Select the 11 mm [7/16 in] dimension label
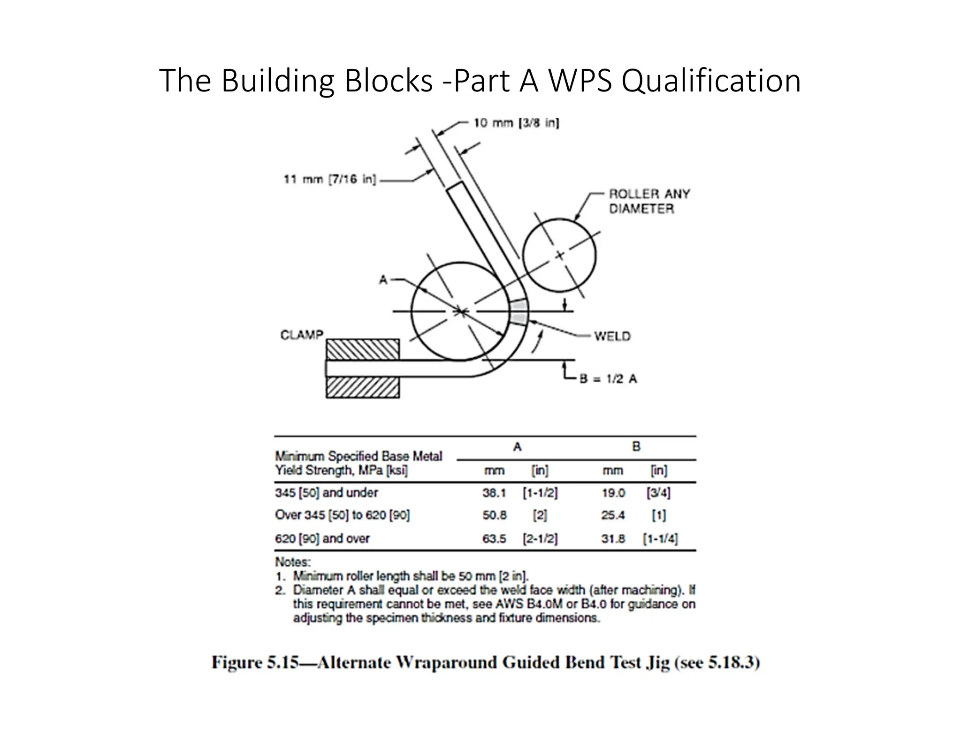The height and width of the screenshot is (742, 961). pos(329,179)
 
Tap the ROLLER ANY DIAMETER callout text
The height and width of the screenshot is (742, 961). pos(649,201)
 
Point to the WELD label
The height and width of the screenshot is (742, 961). pos(612,336)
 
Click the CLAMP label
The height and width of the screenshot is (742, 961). pos(302,335)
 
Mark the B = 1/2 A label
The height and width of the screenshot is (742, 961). pos(608,379)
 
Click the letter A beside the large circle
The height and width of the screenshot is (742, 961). pos(383,280)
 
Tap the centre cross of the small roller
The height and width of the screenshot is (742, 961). pos(559,256)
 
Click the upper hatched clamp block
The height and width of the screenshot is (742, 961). pos(363,349)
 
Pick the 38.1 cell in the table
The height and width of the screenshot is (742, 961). pos(494,493)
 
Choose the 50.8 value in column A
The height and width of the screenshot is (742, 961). pos(495,515)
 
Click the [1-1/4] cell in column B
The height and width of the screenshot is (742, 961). pos(660,538)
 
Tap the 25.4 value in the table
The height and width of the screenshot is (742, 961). pos(613,515)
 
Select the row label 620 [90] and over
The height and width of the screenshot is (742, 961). pos(322,538)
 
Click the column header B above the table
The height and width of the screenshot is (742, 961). pos(636,447)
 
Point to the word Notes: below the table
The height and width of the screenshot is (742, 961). pos(293,562)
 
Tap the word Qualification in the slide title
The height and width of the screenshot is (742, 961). pos(711,81)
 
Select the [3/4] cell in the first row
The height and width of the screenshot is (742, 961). pos(658,493)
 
